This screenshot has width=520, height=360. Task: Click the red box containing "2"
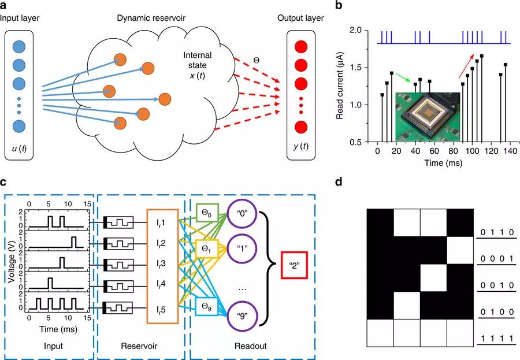pos(295,265)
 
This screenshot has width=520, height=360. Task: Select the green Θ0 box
pos(207,213)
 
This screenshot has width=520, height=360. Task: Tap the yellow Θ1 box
pos(206,248)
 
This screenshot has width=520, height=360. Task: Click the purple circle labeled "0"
pos(242,213)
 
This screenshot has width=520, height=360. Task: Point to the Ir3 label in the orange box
pos(161,264)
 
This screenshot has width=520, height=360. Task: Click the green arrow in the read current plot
pos(403,78)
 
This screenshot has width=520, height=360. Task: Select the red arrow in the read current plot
pos(466,66)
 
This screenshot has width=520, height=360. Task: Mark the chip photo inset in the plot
pos(428,117)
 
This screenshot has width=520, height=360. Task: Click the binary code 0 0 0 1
pos(497,259)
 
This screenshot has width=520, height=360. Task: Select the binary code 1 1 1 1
pos(497,339)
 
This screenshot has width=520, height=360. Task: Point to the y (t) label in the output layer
pos(301,146)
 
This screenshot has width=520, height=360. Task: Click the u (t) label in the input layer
pos(19,149)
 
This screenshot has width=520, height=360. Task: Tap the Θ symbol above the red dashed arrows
pos(257,61)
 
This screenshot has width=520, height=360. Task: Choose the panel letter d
pos(338,182)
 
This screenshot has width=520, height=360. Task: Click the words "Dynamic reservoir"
pos(151,18)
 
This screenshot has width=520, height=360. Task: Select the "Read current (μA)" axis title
pos(340,86)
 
